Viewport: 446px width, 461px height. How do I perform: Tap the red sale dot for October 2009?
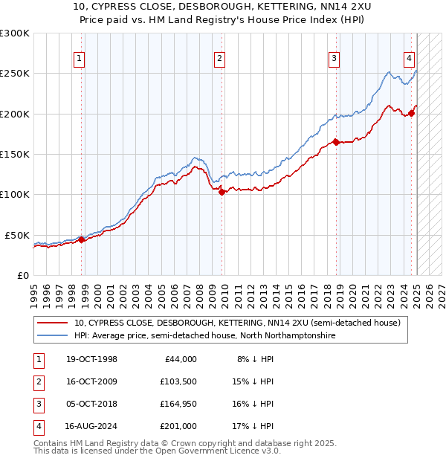coord(222,192)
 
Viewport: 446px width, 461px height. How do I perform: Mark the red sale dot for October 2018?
coord(336,142)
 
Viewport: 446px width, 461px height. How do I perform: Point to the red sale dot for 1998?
coord(82,239)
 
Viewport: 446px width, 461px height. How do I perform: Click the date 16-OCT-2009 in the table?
coord(91,382)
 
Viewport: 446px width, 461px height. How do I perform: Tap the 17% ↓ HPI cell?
coord(253,427)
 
